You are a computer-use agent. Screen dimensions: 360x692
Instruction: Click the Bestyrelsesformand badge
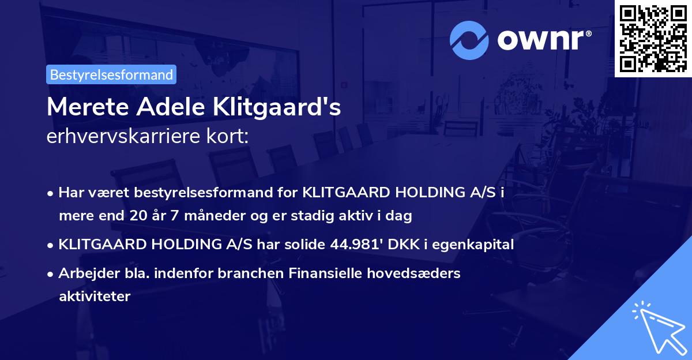tap(111, 74)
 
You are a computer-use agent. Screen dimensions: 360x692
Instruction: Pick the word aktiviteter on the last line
tap(95, 297)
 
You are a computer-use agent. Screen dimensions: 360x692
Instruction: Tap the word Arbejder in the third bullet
tap(84, 273)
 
